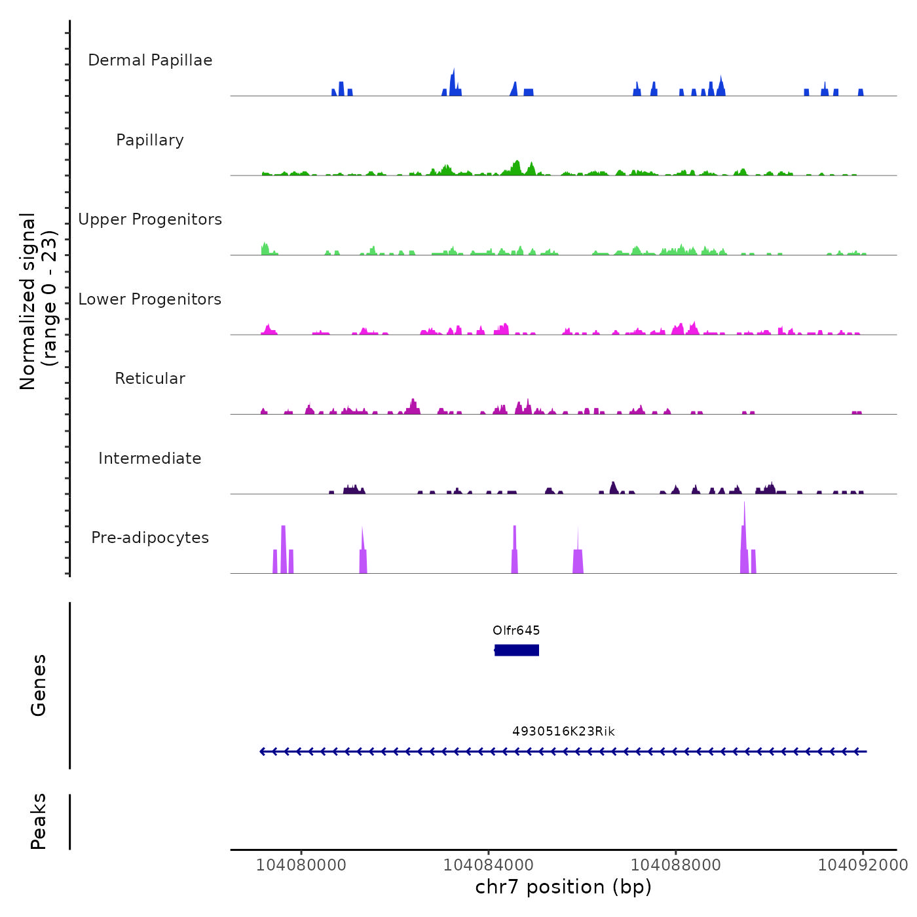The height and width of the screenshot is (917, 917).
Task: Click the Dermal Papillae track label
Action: (x=150, y=60)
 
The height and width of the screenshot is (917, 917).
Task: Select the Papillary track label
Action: (x=150, y=140)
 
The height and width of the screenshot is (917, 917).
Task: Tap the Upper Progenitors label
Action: (x=150, y=219)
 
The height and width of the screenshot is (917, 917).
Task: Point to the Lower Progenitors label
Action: (x=150, y=299)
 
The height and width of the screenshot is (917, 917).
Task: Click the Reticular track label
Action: (x=150, y=379)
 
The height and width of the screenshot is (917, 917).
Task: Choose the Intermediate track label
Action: (x=150, y=458)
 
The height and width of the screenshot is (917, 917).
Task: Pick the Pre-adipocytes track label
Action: (x=150, y=538)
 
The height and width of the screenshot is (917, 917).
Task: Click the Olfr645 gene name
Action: (x=516, y=631)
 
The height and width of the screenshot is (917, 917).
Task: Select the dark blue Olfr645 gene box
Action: (x=517, y=650)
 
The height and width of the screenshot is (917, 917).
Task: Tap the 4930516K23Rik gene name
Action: (x=563, y=732)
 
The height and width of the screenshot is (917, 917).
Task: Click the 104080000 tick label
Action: (x=301, y=865)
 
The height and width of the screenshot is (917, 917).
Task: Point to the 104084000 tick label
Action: (x=489, y=865)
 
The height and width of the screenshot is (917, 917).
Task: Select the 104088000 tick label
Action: (x=676, y=865)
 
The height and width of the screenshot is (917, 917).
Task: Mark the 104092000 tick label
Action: (x=863, y=865)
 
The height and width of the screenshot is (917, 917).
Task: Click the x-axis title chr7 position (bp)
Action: (x=563, y=888)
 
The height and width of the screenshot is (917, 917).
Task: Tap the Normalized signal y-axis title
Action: (x=38, y=301)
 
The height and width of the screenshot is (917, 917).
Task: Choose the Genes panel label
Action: (x=39, y=685)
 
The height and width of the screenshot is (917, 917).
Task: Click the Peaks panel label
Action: (x=39, y=821)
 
